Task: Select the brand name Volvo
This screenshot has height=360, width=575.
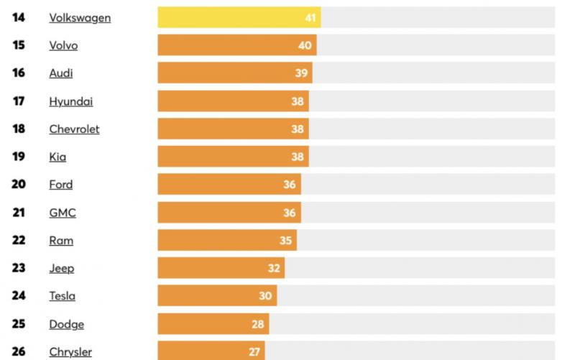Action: (x=63, y=45)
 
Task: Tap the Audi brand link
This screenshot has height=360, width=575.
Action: (x=61, y=73)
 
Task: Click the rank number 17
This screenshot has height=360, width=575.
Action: (x=19, y=101)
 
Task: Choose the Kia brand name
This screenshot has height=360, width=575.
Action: (x=57, y=157)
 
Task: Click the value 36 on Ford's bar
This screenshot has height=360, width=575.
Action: (x=290, y=185)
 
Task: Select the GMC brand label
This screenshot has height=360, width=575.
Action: (x=63, y=213)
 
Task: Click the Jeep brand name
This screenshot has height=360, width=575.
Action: (x=62, y=269)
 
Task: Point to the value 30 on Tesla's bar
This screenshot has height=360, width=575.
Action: (x=266, y=296)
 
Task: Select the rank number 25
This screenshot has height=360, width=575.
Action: (x=19, y=324)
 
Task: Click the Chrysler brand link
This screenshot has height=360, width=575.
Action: (x=70, y=352)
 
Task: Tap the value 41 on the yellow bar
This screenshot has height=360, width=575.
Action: (x=310, y=17)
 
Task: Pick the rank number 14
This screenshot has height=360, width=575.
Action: (x=19, y=17)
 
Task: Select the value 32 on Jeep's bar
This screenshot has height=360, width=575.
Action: (x=274, y=269)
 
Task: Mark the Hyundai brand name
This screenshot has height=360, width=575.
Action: (x=71, y=101)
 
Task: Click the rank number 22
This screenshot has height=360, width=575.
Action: (x=19, y=241)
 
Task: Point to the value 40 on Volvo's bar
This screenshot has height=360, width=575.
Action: (x=305, y=45)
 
